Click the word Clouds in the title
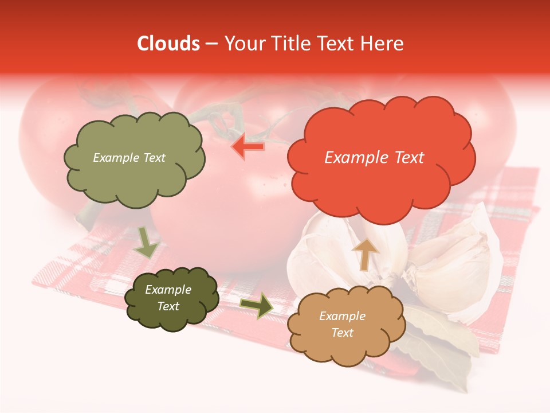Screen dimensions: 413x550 pyautogui.click(x=168, y=44)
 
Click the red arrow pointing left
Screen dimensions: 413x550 pyautogui.click(x=248, y=147)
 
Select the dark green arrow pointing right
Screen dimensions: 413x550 pyautogui.click(x=257, y=306)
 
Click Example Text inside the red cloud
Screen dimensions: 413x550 pyautogui.click(x=374, y=158)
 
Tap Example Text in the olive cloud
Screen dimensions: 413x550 pyautogui.click(x=129, y=158)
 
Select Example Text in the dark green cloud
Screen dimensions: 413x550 pyautogui.click(x=168, y=298)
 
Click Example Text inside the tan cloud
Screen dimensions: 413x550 pyautogui.click(x=342, y=324)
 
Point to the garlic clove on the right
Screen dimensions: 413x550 pyautogui.click(x=458, y=258)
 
